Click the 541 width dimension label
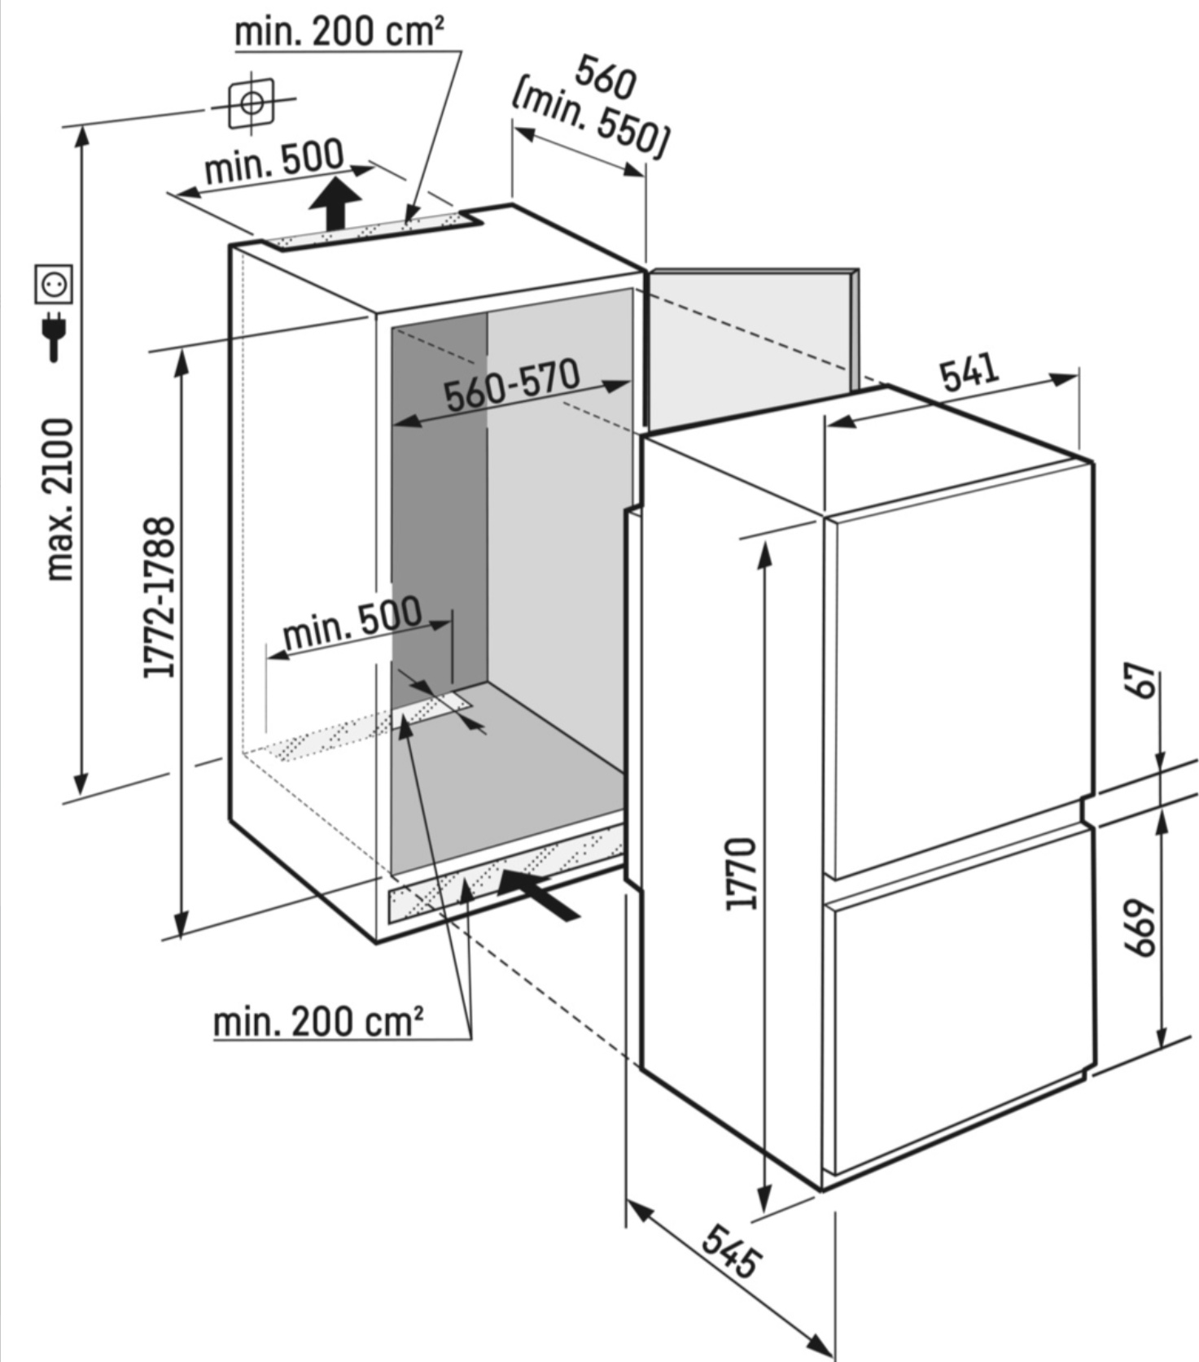969,372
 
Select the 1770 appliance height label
743,873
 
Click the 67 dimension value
1144,680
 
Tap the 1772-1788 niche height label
160,596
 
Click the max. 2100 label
59,500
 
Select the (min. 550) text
590,117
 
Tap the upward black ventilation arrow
335,205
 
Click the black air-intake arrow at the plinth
538,893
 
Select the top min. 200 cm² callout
339,32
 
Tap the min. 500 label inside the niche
352,622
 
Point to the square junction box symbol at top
252,104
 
